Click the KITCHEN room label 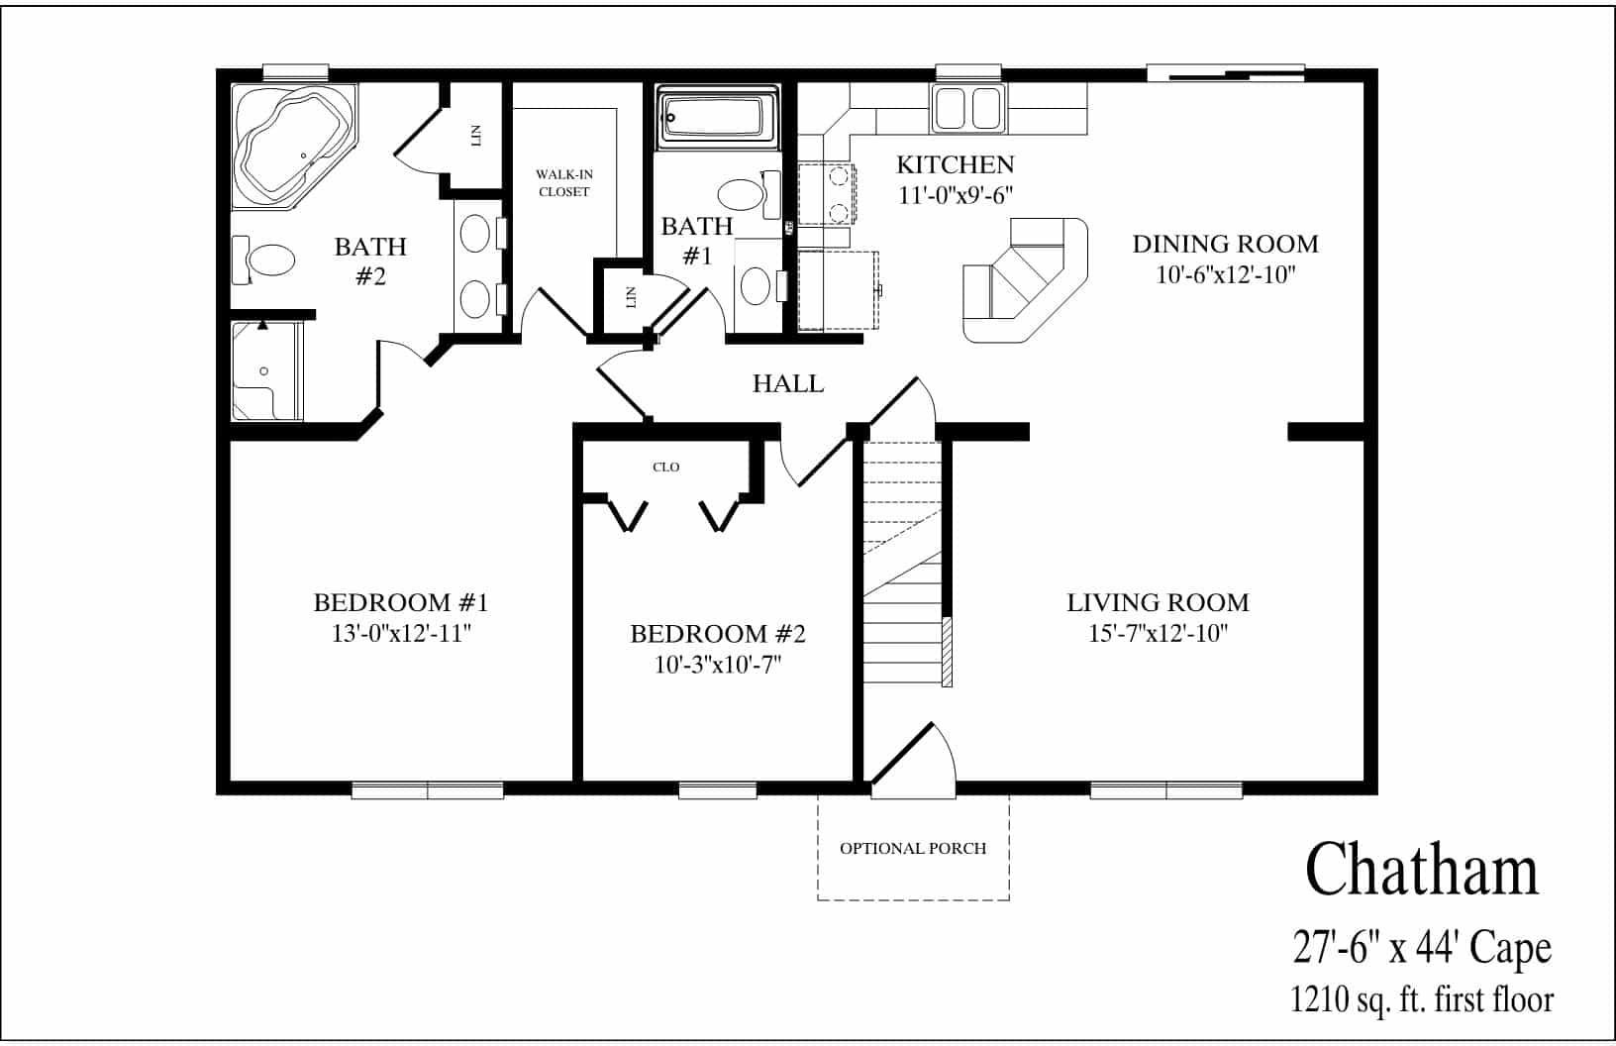tap(955, 164)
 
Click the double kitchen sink tap(968, 108)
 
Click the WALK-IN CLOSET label tap(564, 183)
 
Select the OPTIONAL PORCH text tap(913, 849)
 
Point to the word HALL tap(788, 384)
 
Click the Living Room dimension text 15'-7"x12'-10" tap(1158, 634)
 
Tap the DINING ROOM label tap(1226, 244)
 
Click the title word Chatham tap(1422, 871)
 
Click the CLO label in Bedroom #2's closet tap(666, 467)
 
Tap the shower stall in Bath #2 tap(264, 372)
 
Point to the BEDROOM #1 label tap(401, 602)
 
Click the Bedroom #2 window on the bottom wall tap(718, 790)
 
